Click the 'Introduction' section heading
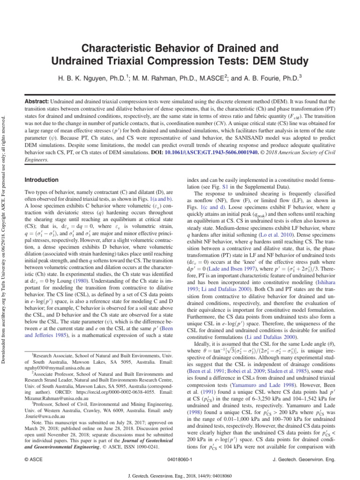[42, 180]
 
